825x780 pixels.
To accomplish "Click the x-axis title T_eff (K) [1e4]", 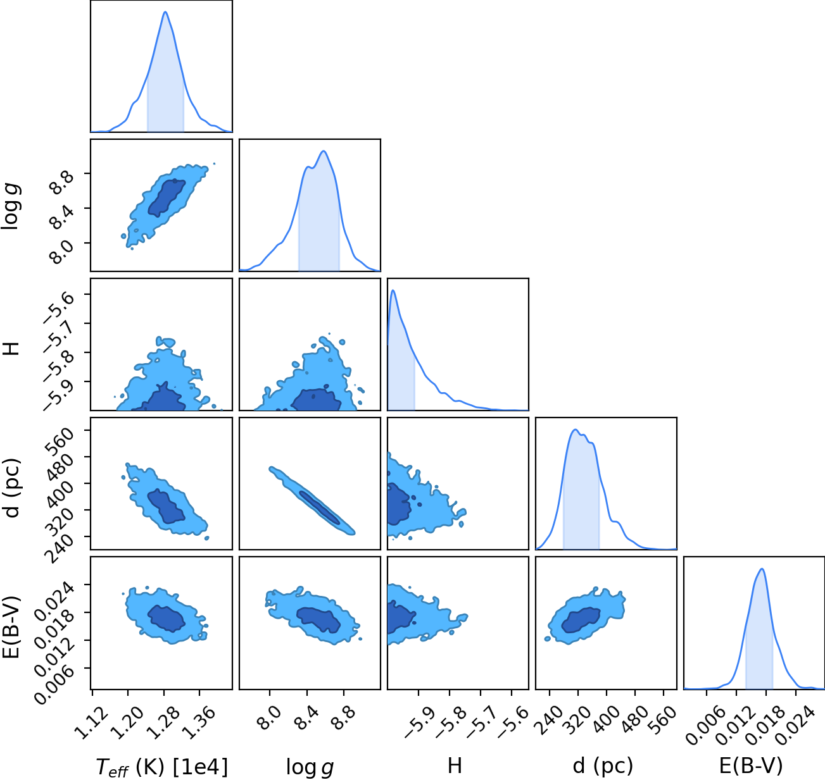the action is (162, 767).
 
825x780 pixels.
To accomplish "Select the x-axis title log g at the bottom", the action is (310, 767).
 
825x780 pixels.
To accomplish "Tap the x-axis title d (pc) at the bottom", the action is (603, 766).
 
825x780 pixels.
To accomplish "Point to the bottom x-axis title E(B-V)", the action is (751, 765).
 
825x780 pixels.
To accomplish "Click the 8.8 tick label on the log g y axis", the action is (61, 183).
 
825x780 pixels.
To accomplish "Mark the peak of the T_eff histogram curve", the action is (165, 12).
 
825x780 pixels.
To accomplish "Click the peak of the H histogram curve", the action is (393, 290).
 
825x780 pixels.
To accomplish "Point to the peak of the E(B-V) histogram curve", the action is (762, 569).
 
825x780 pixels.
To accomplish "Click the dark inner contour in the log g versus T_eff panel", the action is (167, 198).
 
